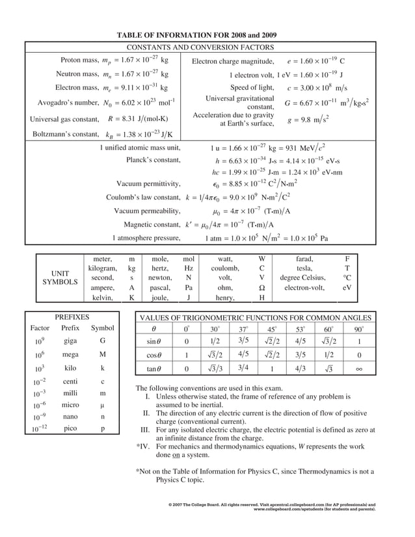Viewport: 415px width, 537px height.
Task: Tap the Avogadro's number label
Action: (68, 103)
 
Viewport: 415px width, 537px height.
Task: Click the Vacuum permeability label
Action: (147, 211)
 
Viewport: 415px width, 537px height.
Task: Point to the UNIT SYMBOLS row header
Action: (60, 278)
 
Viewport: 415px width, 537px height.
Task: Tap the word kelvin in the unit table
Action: (103, 298)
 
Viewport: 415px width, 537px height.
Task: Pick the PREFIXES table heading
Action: (72, 316)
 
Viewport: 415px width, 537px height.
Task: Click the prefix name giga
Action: (70, 340)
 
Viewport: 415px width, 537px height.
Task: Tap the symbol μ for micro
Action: (103, 404)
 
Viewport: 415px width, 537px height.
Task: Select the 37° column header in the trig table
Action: (243, 329)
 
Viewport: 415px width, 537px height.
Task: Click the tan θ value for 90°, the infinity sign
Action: (359, 369)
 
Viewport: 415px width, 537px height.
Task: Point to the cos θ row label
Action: (154, 355)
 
